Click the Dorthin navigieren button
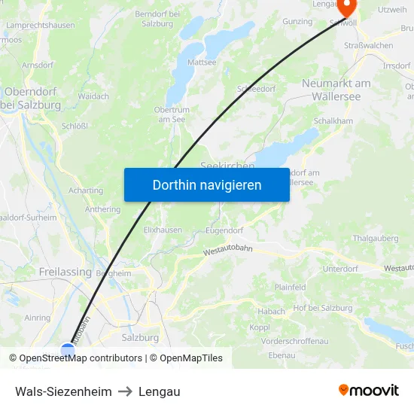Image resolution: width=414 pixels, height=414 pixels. point(207,184)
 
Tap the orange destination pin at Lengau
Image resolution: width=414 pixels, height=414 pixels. point(347,8)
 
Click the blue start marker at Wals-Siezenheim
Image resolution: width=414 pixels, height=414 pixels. point(68,351)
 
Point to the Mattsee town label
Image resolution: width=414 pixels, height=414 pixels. point(201,62)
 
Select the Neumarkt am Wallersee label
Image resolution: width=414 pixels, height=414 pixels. point(336,90)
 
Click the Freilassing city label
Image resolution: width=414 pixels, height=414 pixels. point(65,272)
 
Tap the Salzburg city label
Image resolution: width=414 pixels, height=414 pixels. point(140,338)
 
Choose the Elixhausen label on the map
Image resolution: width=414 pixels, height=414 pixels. point(162,230)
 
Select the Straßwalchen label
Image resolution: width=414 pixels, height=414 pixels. point(368,45)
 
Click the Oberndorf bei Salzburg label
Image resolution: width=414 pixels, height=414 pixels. point(32,98)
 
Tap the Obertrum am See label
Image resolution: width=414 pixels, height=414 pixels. point(171,114)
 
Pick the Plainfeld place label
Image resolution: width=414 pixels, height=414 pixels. point(290,287)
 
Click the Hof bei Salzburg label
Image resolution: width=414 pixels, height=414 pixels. point(322,308)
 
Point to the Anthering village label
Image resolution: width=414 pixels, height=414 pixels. point(102,210)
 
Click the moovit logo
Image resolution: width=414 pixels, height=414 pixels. point(368,391)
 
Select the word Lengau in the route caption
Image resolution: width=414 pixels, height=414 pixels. point(159,391)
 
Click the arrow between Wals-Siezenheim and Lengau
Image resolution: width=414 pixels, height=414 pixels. point(125,391)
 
